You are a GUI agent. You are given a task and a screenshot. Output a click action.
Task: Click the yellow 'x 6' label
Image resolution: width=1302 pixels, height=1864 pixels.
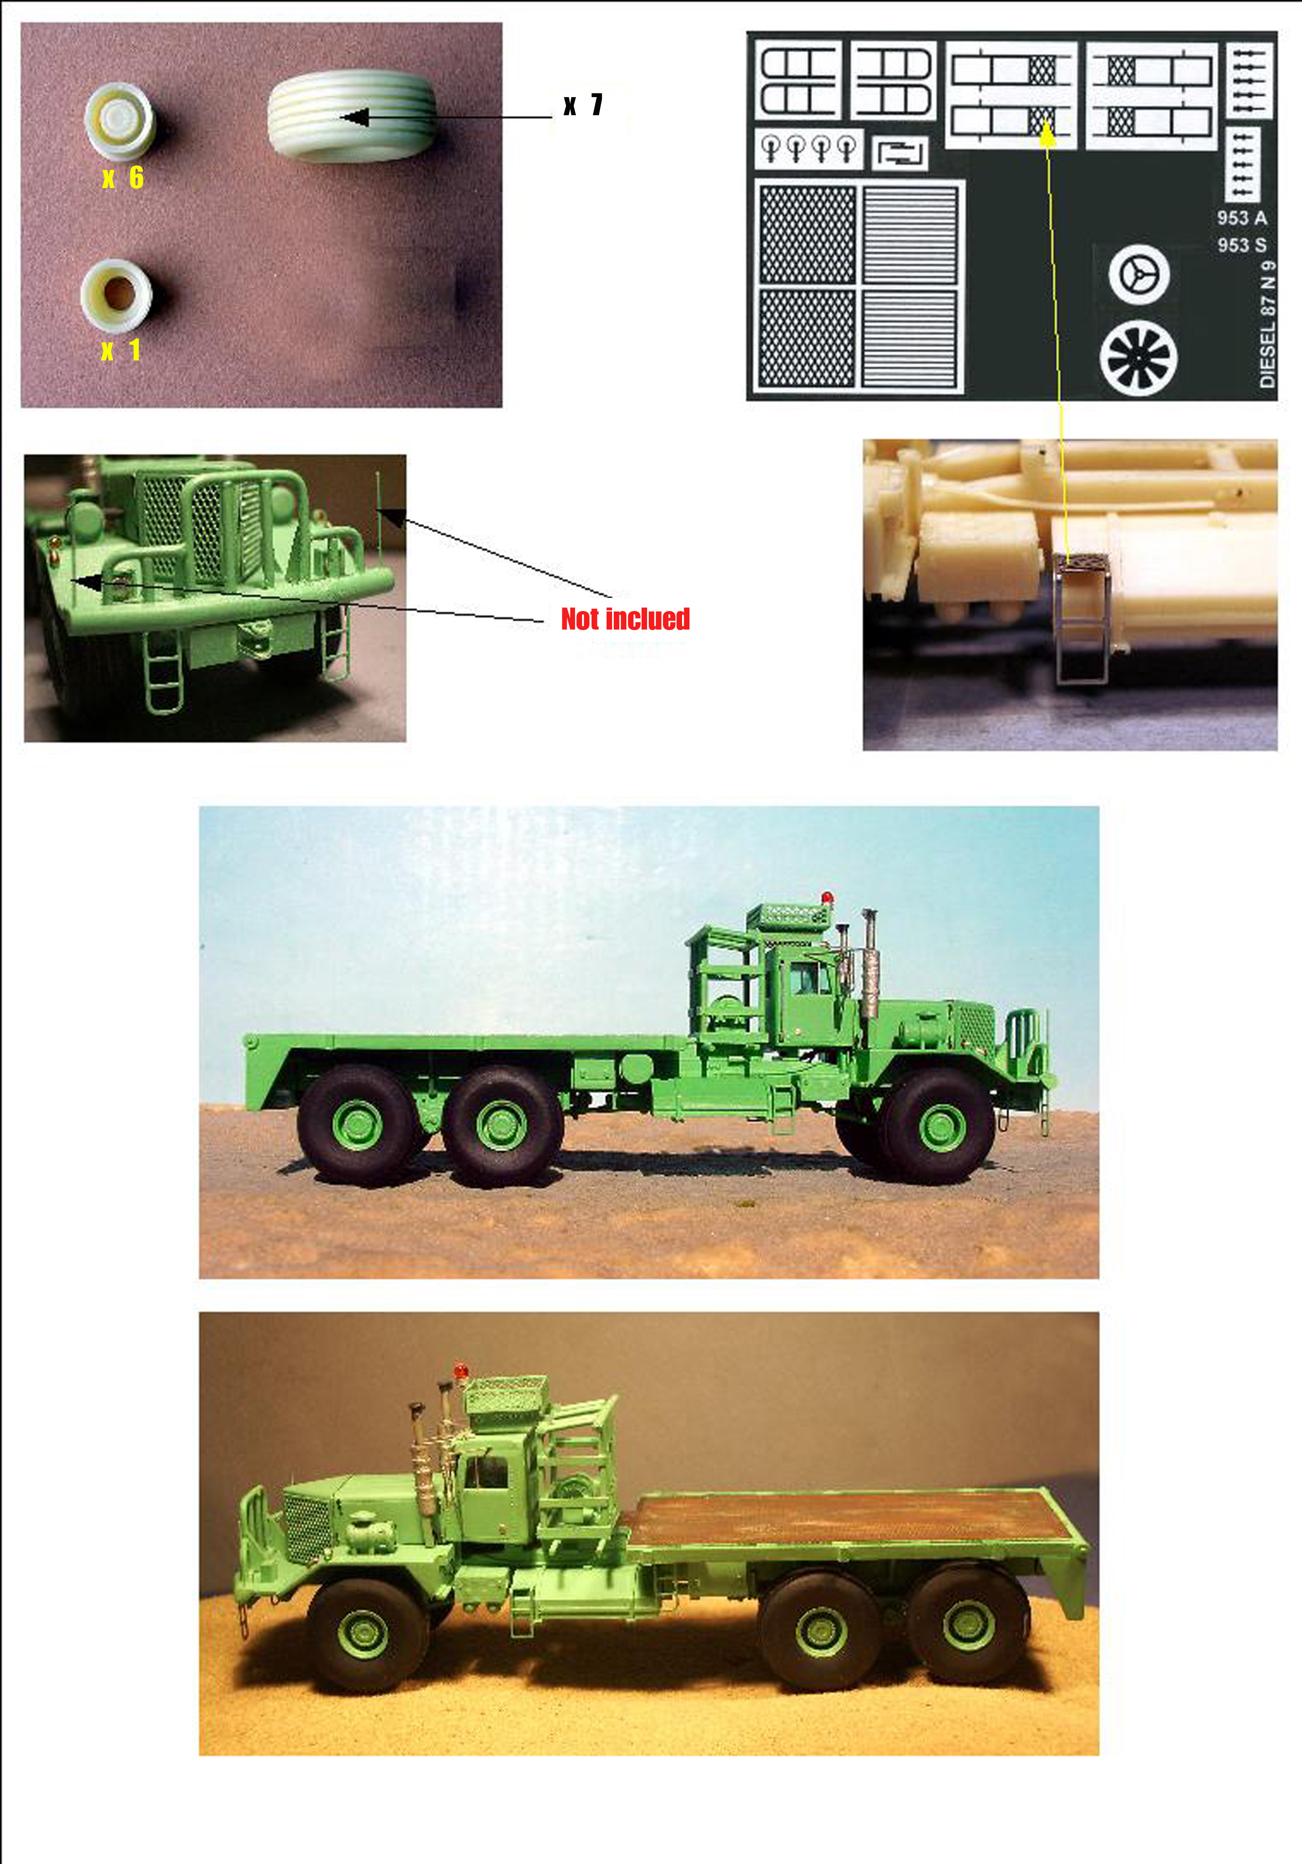pyautogui.click(x=123, y=178)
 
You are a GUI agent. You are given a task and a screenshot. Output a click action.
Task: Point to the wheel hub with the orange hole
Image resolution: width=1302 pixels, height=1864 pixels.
pyautogui.click(x=117, y=295)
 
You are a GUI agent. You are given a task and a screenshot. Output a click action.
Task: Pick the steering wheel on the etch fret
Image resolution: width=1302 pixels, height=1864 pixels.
pyautogui.click(x=1139, y=274)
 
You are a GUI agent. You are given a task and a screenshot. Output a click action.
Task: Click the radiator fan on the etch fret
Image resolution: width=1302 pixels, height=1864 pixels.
pyautogui.click(x=1139, y=358)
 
